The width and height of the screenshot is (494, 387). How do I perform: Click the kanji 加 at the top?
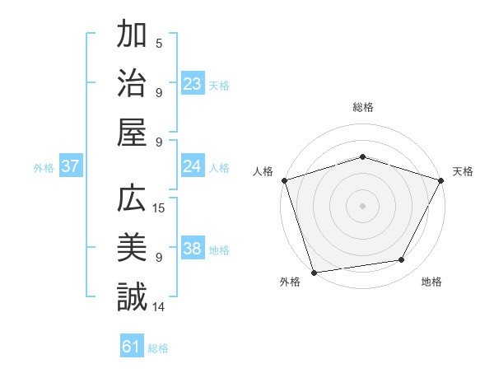[x=132, y=37]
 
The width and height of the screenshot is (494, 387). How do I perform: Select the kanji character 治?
[x=132, y=84]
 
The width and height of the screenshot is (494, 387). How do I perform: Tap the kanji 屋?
[x=132, y=132]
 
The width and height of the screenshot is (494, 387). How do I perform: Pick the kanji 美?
[x=132, y=249]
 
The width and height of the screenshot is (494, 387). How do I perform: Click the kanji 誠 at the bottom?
[x=132, y=296]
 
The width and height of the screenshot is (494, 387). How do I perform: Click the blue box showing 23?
[x=193, y=83]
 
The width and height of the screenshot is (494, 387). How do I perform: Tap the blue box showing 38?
[x=193, y=249]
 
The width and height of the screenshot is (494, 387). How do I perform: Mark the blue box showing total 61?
[x=132, y=347]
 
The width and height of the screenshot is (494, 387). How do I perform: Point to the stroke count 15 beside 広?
[x=159, y=208]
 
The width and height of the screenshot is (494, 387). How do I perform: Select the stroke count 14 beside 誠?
[x=159, y=307]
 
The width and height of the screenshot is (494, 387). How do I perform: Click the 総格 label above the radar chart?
[x=362, y=107]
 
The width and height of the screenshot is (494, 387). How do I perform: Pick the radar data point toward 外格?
[x=314, y=272]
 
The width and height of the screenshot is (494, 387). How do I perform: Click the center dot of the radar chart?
[x=362, y=205]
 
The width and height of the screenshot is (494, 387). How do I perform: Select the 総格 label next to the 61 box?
[x=158, y=348]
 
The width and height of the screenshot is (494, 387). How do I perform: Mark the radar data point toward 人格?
[x=284, y=180]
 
